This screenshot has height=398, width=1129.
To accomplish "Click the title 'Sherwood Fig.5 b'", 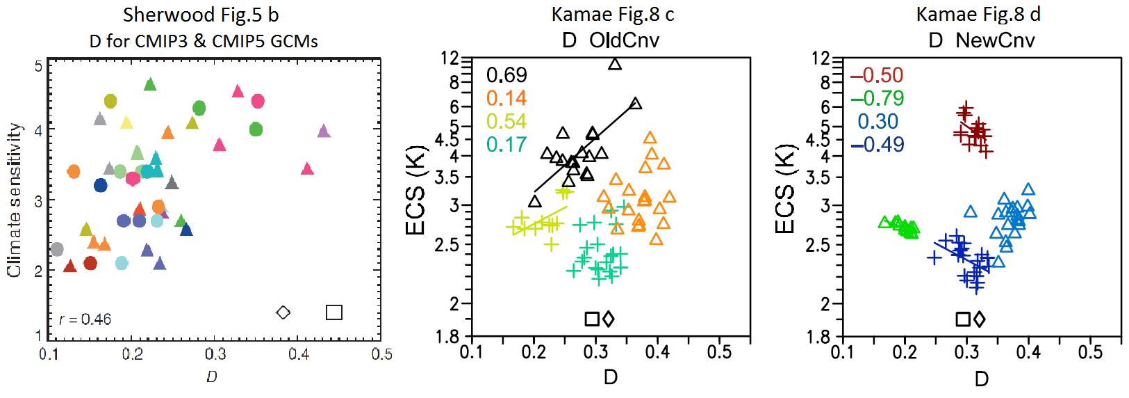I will point(201,15).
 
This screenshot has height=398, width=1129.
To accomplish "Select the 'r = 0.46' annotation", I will point(85,319).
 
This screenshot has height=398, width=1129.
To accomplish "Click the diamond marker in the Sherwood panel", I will point(283,312).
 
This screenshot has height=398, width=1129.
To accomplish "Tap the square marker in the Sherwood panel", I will point(334,312).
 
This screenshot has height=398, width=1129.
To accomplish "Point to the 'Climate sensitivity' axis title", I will point(14,200).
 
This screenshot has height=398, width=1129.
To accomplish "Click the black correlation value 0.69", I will point(506,75).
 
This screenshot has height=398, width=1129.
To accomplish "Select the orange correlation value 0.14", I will point(506,98).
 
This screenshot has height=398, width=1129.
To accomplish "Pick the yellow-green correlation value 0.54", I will point(506,121).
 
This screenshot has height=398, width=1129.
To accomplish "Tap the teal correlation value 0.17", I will point(506,144).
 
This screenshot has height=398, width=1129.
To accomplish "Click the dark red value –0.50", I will point(877,75).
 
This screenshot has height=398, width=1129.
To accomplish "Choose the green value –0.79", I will point(877,98).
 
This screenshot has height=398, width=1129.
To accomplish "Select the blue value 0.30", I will point(878,121).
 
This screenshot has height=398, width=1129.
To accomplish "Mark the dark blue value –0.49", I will point(877,144).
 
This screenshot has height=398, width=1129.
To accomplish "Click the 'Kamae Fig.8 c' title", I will point(613,15).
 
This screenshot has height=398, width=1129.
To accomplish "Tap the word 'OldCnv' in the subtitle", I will point(625,40).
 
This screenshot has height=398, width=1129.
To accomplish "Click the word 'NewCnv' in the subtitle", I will point(995,40).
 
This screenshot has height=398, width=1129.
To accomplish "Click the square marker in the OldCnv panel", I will point(592,319).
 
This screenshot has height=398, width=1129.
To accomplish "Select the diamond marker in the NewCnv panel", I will point(980,319).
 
